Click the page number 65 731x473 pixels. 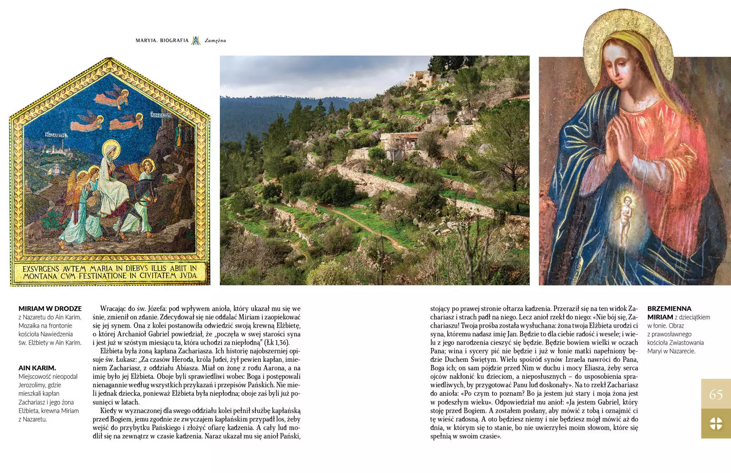(x=715, y=394)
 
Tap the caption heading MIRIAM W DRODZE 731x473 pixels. (x=50, y=308)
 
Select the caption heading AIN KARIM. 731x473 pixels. (x=37, y=368)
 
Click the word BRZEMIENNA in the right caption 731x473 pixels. (x=669, y=308)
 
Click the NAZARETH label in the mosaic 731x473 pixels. (x=56, y=135)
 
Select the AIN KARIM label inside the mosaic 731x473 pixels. (x=160, y=115)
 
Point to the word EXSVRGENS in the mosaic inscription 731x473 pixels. (x=41, y=269)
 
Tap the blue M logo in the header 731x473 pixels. (x=196, y=41)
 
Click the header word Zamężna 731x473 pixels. (x=215, y=41)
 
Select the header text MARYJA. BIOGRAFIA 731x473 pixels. (x=162, y=41)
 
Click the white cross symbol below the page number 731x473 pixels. (x=715, y=423)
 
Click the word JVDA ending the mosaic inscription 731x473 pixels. (x=188, y=276)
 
